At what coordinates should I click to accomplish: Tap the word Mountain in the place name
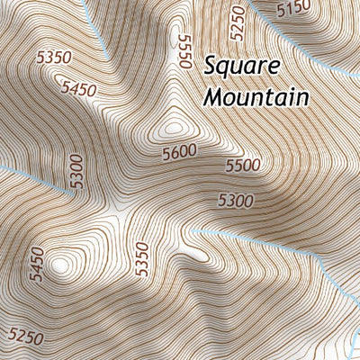(256, 95)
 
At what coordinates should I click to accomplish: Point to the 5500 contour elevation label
(242, 166)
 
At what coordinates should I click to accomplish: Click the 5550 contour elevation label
(185, 50)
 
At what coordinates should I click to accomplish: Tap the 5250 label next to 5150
(238, 21)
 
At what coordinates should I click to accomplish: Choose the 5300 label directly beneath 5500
(236, 200)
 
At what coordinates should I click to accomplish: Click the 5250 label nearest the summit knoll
(238, 21)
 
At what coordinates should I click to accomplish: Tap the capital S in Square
(210, 66)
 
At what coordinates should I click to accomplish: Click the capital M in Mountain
(213, 94)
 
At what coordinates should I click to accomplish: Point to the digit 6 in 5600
(173, 154)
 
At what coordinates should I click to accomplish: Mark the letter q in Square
(225, 69)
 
